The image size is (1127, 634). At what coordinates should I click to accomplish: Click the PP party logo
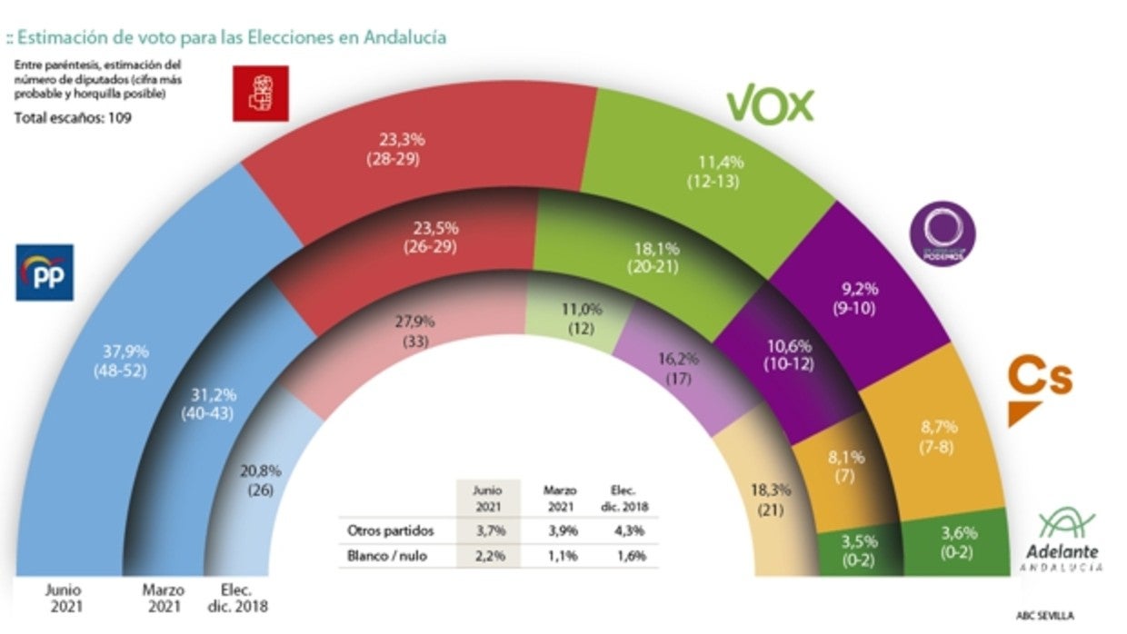pyautogui.click(x=44, y=272)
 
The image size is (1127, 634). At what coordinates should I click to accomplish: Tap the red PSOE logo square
pyautogui.click(x=261, y=94)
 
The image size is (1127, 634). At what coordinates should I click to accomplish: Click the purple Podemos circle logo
pyautogui.click(x=942, y=233)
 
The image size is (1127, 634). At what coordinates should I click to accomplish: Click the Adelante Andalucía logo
pyautogui.click(x=1068, y=540)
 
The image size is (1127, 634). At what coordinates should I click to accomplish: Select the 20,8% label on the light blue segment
pyautogui.click(x=261, y=472)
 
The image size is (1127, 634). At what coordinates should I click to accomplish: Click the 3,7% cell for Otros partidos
pyautogui.click(x=488, y=530)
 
